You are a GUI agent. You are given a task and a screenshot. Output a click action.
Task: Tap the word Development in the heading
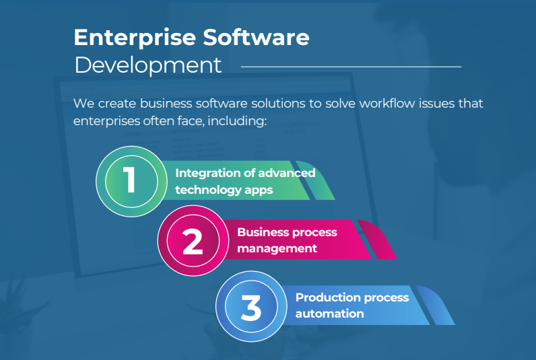pyautogui.click(x=147, y=65)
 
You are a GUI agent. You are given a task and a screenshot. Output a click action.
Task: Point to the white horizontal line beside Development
pyautogui.click(x=350, y=67)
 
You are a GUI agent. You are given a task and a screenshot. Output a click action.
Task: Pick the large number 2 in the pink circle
pyautogui.click(x=192, y=242)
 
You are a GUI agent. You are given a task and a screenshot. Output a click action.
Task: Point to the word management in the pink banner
pyautogui.click(x=277, y=248)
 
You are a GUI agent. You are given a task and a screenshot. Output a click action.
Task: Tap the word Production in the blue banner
pyautogui.click(x=325, y=297)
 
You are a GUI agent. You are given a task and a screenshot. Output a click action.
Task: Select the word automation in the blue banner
pyautogui.click(x=329, y=314)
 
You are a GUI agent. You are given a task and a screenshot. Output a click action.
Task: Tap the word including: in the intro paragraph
pyautogui.click(x=240, y=122)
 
